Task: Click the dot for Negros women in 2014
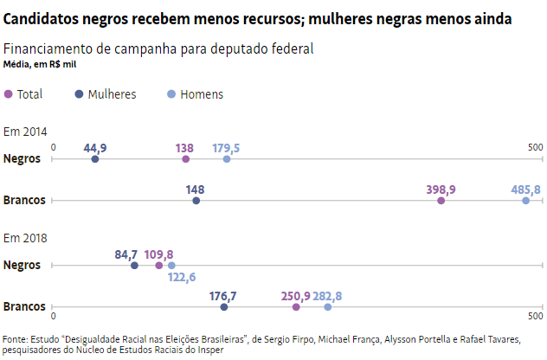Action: (95, 159)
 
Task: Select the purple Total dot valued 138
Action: (186, 159)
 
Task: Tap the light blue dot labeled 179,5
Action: (227, 159)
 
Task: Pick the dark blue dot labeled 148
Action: (196, 201)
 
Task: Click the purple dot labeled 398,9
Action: (441, 201)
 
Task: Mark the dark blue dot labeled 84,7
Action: (134, 266)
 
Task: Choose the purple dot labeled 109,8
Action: (159, 266)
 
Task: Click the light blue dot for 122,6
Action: (171, 266)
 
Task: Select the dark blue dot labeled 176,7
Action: (224, 307)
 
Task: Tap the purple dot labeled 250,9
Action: (296, 307)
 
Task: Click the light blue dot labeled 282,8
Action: (328, 307)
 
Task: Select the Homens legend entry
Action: (195, 94)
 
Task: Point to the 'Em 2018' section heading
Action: (25, 238)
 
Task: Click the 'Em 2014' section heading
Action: (25, 132)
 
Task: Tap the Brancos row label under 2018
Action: (24, 307)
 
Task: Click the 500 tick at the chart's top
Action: (535, 147)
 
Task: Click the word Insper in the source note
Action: (210, 350)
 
